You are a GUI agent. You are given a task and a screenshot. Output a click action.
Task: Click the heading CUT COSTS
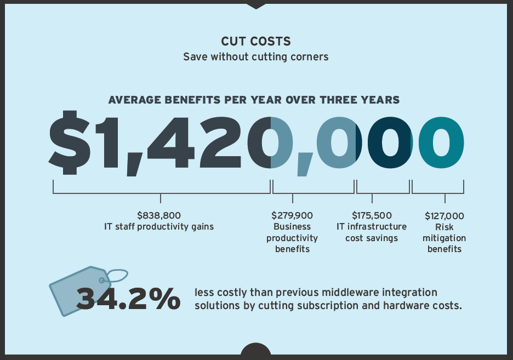coord(255,42)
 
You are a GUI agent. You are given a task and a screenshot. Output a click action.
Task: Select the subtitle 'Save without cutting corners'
coord(255,56)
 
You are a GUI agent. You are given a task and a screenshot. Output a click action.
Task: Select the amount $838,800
coord(158,215)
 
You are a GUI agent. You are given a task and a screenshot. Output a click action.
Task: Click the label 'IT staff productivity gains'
coord(159,226)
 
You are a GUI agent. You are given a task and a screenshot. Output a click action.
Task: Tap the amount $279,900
coord(292,215)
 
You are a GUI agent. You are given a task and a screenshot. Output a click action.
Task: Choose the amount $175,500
coord(372,215)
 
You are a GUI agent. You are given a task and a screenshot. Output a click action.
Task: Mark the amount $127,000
coord(444,216)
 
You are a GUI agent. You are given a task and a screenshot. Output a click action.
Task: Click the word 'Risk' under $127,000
coord(444,227)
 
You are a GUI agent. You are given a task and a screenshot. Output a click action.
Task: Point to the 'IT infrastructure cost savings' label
coord(372,232)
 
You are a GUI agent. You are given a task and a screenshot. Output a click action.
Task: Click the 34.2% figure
coord(128,298)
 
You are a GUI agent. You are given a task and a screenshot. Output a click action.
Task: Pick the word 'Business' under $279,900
coord(292,227)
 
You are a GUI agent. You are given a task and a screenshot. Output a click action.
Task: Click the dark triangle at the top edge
coord(256,5)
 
